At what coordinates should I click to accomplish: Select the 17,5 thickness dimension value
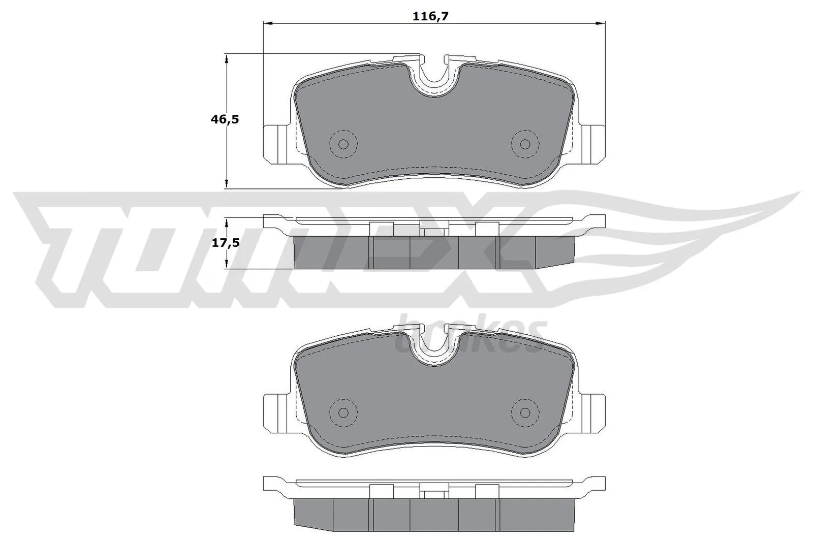(x=226, y=243)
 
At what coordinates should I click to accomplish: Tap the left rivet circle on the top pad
(x=343, y=144)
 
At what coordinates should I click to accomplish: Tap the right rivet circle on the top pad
(x=525, y=144)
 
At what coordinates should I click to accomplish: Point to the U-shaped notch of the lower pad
(x=434, y=343)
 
